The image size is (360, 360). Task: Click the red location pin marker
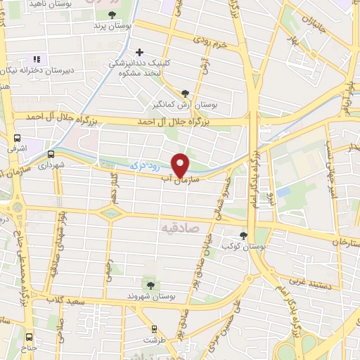click(x=181, y=164)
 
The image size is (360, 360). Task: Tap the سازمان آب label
click(x=180, y=181)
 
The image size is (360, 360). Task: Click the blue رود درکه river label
click(x=143, y=163)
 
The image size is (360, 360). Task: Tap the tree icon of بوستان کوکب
click(x=243, y=236)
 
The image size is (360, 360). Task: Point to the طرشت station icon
click(x=154, y=329)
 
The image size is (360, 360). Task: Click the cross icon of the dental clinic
click(x=140, y=52)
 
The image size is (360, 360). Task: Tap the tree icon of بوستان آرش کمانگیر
click(x=186, y=92)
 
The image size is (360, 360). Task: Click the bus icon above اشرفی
click(x=17, y=139)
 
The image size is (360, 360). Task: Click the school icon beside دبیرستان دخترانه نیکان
click(x=37, y=59)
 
